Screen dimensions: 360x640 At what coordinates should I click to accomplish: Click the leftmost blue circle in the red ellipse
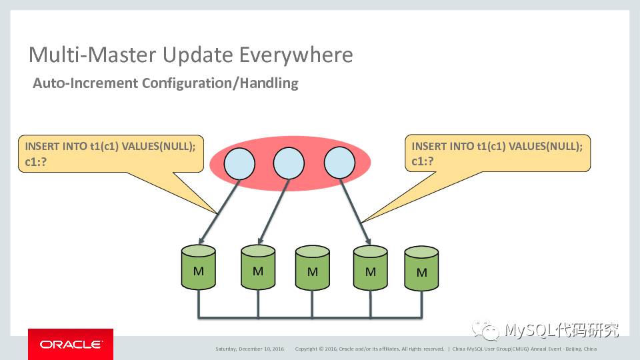pyautogui.click(x=239, y=163)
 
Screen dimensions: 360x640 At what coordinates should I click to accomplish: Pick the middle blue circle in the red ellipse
pyautogui.click(x=289, y=163)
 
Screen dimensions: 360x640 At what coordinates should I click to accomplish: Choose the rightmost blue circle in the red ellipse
pyautogui.click(x=339, y=163)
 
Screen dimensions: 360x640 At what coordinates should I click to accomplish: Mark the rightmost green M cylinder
pyautogui.click(x=421, y=269)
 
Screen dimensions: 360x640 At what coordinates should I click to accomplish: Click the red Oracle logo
pyautogui.click(x=70, y=344)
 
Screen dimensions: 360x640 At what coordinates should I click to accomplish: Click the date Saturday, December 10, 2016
pyautogui.click(x=249, y=349)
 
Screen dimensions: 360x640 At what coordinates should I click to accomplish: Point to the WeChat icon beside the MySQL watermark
pyautogui.click(x=485, y=330)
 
